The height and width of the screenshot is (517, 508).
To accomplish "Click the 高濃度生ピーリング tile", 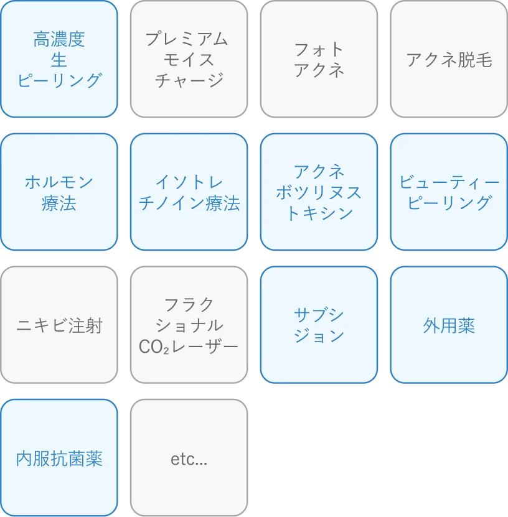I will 59,59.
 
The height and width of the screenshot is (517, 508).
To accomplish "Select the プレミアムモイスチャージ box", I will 189,59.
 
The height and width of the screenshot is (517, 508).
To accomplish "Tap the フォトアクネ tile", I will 319,59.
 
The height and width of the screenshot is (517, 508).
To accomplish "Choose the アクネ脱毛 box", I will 449,59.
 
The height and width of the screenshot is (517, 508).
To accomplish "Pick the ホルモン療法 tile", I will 59,192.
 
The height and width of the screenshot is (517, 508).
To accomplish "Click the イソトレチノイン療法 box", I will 189,192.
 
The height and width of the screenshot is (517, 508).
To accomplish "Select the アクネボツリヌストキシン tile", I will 319,192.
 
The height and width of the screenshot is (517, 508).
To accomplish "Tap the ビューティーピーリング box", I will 449,192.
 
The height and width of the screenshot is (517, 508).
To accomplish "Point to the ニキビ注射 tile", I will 59,325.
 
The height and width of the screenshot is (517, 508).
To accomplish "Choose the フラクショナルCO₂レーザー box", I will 189,325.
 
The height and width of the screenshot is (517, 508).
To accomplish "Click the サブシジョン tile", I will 319,325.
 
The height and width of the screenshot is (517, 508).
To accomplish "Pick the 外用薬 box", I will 449,325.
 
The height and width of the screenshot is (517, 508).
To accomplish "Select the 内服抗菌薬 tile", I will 59,459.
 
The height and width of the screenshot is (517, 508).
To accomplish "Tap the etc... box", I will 189,459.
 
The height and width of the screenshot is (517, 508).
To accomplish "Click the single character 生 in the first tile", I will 59,60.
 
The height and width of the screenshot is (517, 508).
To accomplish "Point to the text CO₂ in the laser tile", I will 151,346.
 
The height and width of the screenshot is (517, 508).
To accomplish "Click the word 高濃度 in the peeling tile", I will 59,39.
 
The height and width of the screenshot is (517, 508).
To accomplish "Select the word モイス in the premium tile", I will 189,60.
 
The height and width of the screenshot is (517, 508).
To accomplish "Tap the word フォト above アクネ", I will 319,49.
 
